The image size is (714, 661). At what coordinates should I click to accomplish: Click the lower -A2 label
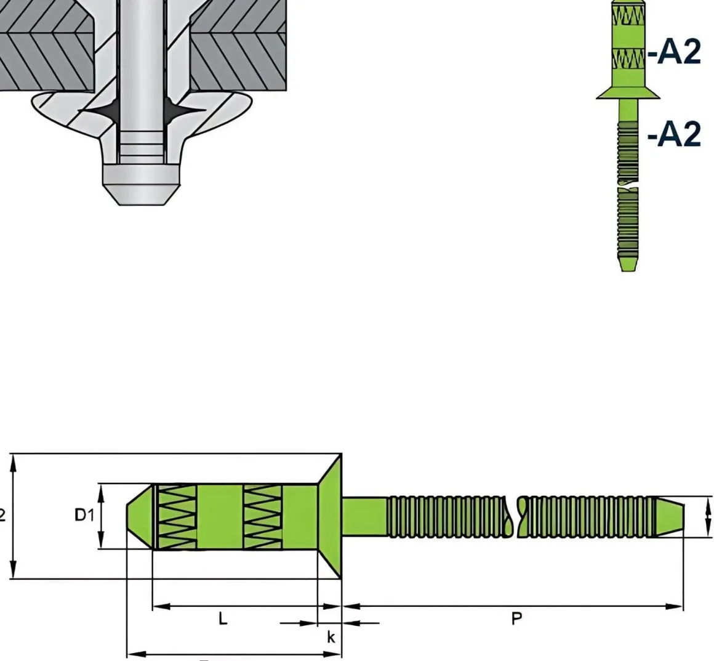tap(674, 134)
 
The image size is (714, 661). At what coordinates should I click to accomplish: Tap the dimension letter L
tap(223, 618)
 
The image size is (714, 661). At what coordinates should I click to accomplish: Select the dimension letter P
tap(516, 618)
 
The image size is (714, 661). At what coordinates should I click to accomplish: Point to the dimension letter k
tap(331, 638)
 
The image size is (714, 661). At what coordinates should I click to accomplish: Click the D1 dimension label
tap(84, 515)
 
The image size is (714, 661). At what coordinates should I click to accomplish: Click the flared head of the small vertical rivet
tap(628, 93)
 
